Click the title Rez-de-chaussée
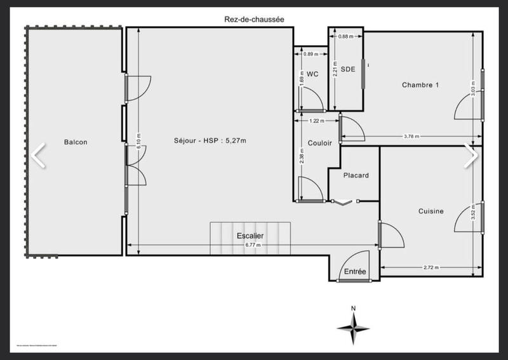point(253,20)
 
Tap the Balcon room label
point(75,142)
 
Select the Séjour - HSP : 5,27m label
point(210,141)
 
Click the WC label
point(312,74)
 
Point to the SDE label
point(347,69)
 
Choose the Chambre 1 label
point(420,84)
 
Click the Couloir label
point(319,143)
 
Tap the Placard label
point(356,175)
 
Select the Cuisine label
point(431,211)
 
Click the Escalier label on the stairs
point(250,236)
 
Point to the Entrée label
point(355,272)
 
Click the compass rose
point(353,328)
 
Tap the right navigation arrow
point(471,155)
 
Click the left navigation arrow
point(39,155)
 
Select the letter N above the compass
point(353,309)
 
